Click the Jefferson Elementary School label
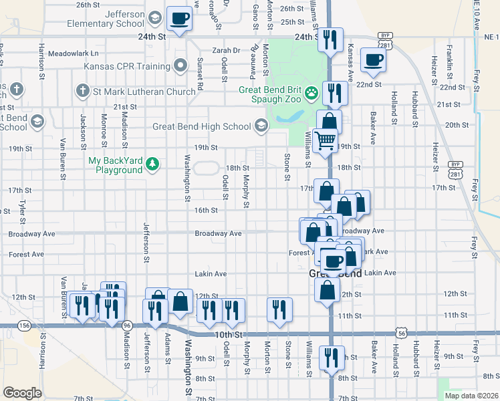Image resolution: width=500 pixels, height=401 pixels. click(x=106, y=19)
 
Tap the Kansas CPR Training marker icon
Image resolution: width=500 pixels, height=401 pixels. click(x=180, y=66)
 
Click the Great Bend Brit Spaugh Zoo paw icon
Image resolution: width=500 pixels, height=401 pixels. click(x=311, y=93)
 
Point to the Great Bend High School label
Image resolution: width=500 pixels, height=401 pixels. click(x=201, y=126)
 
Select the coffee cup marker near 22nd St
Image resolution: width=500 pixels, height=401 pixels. click(x=373, y=59)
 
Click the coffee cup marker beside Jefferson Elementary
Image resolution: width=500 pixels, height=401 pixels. click(x=179, y=18)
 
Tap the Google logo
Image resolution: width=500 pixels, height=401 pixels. click(x=22, y=393)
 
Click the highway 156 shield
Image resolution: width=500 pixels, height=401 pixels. click(x=25, y=325)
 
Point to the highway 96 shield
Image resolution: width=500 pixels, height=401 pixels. click(x=127, y=325)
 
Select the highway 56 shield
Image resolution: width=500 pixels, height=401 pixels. click(x=401, y=331)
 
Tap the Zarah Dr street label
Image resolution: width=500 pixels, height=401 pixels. click(x=226, y=50)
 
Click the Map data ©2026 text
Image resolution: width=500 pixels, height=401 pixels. click(x=472, y=396)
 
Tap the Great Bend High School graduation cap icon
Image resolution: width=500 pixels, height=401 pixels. click(x=261, y=126)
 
